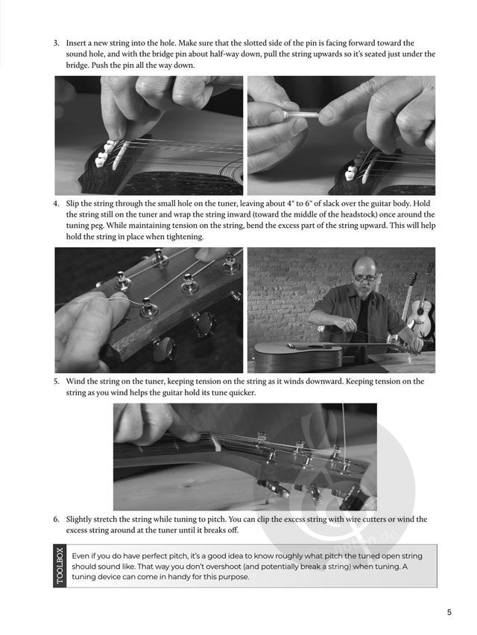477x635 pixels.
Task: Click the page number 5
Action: pyautogui.click(x=449, y=612)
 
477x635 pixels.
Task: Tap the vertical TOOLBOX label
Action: pyautogui.click(x=60, y=566)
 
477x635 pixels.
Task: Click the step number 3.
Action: pyautogui.click(x=57, y=43)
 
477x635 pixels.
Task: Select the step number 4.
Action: pyautogui.click(x=57, y=204)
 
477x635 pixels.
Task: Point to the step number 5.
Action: pyautogui.click(x=57, y=381)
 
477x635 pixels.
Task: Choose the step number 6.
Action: pyautogui.click(x=57, y=519)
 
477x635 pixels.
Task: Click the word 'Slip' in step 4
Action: pyautogui.click(x=72, y=204)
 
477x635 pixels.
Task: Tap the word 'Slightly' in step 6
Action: pyautogui.click(x=79, y=520)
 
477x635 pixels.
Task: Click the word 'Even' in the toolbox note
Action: pyautogui.click(x=80, y=556)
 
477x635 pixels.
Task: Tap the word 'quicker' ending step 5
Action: pyautogui.click(x=242, y=393)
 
